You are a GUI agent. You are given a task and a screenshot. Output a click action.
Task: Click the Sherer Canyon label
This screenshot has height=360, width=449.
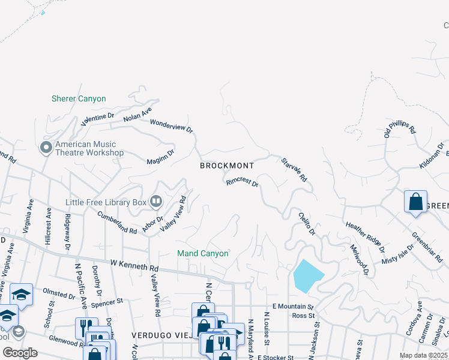pos(79,98)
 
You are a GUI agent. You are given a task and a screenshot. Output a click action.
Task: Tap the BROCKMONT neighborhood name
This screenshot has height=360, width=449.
pos(227,165)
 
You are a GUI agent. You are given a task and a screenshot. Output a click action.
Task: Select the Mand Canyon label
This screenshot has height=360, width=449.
pos(203,253)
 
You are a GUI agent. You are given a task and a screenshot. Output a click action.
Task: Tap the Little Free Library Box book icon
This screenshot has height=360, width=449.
pos(155,202)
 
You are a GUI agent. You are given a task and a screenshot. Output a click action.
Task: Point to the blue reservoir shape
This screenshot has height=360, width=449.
pos(307,276)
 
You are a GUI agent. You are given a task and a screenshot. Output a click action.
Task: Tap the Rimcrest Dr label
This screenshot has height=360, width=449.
pos(242,182)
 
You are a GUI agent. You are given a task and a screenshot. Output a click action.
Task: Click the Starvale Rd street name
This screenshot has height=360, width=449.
pos(294,170)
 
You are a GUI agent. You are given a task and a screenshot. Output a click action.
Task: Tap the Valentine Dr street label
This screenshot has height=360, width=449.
pos(98,118)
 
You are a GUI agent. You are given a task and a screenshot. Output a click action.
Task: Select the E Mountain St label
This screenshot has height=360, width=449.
pos(294,306)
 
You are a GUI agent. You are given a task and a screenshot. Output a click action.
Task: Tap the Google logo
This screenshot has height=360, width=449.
pos(20,352)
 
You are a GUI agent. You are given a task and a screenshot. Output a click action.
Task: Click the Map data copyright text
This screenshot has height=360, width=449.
pos(423,355)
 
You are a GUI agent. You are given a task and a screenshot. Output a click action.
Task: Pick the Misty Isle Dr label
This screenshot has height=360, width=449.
pos(398,255)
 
